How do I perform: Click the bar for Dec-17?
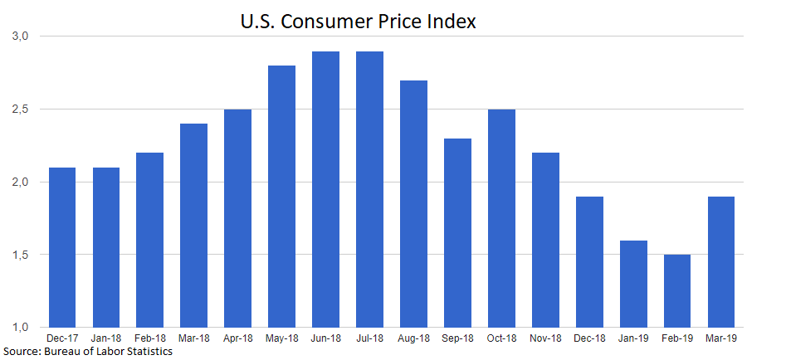[x=62, y=247]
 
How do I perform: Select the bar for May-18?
[x=281, y=196]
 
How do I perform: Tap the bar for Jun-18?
[x=325, y=189]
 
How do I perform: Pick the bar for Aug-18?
[x=413, y=203]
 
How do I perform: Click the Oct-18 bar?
[x=500, y=218]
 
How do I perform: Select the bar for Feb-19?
[x=676, y=290]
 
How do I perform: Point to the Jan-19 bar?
[x=632, y=284]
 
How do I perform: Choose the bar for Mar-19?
[x=720, y=261]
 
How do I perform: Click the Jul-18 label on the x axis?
[x=369, y=338]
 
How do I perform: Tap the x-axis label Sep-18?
[x=457, y=338]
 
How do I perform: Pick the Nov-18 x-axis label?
[x=545, y=338]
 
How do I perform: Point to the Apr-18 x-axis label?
[x=237, y=338]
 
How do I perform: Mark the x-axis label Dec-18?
[x=589, y=338]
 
